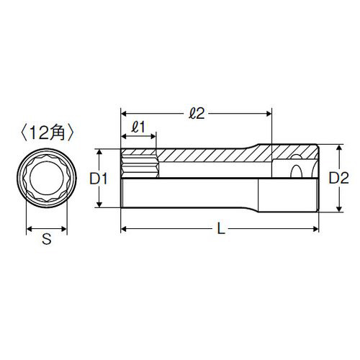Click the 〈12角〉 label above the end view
48,134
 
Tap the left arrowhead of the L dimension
124,230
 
